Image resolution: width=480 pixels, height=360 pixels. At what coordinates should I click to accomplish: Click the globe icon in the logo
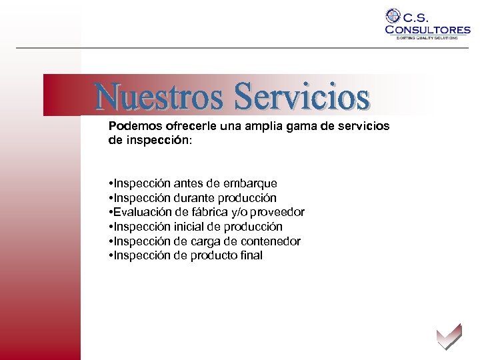click(x=393, y=16)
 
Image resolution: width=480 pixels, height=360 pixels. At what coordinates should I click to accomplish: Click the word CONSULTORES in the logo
click(x=427, y=29)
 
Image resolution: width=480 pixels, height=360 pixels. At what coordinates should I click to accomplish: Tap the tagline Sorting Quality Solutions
click(x=427, y=38)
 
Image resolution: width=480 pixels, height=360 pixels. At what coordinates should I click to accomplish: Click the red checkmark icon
click(x=448, y=335)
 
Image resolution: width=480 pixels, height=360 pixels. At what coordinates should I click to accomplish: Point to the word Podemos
click(x=132, y=125)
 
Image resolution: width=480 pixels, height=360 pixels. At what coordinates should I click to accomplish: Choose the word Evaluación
click(x=145, y=212)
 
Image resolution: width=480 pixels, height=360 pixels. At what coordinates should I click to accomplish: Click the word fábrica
click(x=212, y=212)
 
